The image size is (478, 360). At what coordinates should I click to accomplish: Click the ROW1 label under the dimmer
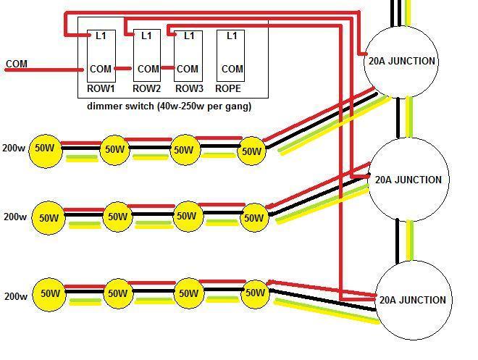[x=101, y=88]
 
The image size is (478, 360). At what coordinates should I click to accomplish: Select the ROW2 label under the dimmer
[x=146, y=88]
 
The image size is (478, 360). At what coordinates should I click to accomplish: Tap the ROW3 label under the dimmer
[x=189, y=88]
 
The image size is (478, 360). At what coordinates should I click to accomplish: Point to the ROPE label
[x=228, y=88]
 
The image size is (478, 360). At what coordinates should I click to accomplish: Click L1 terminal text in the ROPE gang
[x=232, y=36]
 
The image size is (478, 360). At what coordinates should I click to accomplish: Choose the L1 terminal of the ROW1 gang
[x=101, y=36]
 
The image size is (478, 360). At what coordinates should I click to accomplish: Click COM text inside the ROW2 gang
[x=148, y=69]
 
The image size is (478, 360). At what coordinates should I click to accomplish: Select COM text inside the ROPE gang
[x=232, y=69]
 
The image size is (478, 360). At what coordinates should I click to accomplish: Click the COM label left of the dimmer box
[x=17, y=64]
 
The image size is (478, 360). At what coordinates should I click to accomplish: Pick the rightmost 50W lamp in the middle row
[x=254, y=217]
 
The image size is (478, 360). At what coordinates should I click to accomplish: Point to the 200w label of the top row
[x=14, y=148]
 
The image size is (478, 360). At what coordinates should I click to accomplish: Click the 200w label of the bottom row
[x=15, y=296]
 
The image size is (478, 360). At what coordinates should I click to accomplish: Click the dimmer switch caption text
[x=169, y=106]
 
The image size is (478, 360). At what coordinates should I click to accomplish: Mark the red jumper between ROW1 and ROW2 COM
[x=123, y=69]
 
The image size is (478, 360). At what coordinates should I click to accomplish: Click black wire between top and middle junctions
[x=398, y=118]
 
